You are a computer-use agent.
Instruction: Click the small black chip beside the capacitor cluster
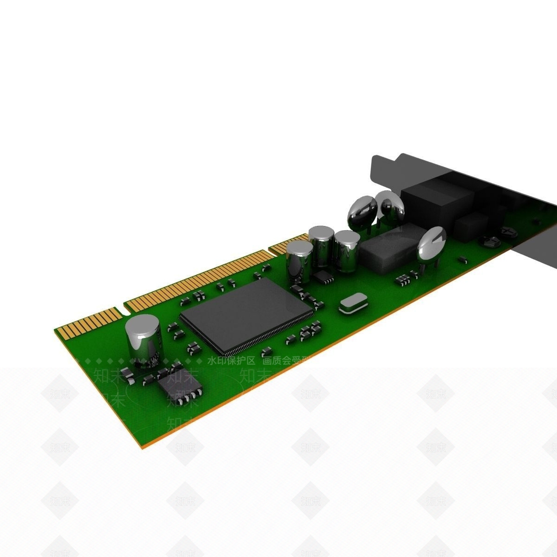[x=323, y=276]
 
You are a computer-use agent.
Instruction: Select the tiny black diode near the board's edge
[x=463, y=259]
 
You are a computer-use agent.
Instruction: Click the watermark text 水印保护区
[x=231, y=361]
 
